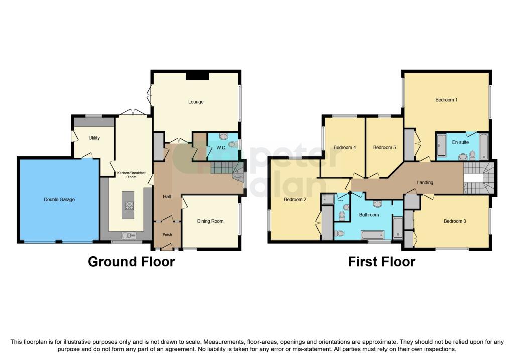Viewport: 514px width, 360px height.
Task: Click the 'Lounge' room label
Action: pos(196,102)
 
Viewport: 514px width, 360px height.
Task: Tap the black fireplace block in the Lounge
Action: pos(197,76)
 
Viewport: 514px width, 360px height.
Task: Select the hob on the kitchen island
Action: pos(128,205)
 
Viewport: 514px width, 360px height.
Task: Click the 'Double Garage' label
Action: pos(59,200)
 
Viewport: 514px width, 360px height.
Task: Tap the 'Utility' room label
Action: pos(94,138)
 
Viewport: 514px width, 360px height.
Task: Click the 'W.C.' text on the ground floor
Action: pos(221,148)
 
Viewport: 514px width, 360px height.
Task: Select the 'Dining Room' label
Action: pos(210,221)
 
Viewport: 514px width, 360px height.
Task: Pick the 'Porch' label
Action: pos(166,234)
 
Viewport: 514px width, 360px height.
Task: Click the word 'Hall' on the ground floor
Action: pos(167,196)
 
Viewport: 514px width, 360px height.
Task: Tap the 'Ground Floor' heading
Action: pos(132,262)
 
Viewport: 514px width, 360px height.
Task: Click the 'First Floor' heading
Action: pos(381,262)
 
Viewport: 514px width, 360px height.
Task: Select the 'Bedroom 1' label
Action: pos(446,100)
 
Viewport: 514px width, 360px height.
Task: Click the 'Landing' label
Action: pos(425,182)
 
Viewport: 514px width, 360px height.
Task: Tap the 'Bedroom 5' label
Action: pos(384,147)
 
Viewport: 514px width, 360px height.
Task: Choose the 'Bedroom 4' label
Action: pos(344,147)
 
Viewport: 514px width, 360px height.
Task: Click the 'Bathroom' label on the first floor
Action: pos(368,215)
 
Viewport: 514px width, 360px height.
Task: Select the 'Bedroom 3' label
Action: pos(455,221)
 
